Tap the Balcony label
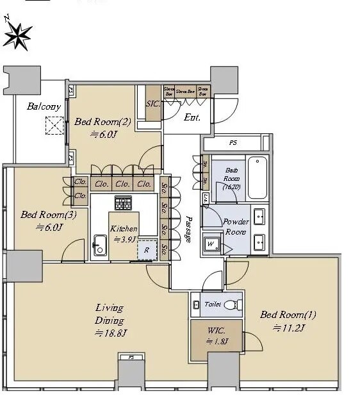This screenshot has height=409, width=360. (44, 107)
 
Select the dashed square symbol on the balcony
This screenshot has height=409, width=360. (54, 126)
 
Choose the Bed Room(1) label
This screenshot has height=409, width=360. (288, 315)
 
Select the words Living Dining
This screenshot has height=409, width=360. (110, 314)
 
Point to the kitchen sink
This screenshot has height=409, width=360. (100, 245)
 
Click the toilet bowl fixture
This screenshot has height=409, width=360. (235, 305)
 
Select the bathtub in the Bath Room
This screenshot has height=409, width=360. (257, 178)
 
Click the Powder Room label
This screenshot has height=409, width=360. (236, 226)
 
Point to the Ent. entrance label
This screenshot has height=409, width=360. (192, 117)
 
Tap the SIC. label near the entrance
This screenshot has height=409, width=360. (153, 103)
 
